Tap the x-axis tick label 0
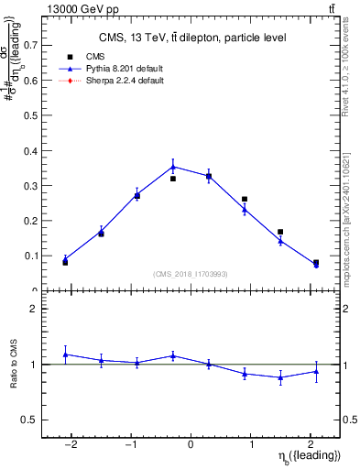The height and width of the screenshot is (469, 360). [x=191, y=443]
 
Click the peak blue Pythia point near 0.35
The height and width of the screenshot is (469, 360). [x=173, y=167]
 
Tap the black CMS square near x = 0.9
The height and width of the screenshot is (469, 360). [x=245, y=199]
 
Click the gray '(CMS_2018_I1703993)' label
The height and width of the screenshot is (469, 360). [x=191, y=274]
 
